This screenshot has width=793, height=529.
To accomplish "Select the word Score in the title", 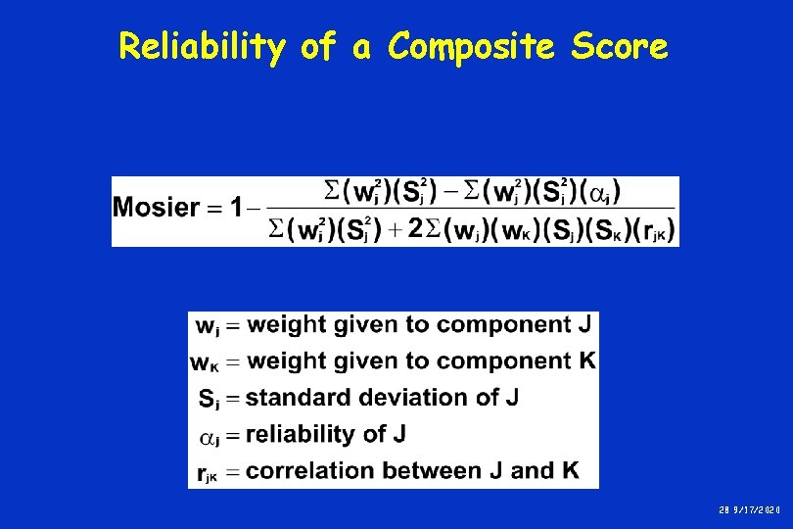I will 620,46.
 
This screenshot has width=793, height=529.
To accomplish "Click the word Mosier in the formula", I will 157,208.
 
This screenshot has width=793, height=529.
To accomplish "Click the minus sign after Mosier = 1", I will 255,208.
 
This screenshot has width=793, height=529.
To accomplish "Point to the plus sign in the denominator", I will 394,230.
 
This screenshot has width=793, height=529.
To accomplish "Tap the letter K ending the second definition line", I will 586,361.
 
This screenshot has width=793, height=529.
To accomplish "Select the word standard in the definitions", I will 291,397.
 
